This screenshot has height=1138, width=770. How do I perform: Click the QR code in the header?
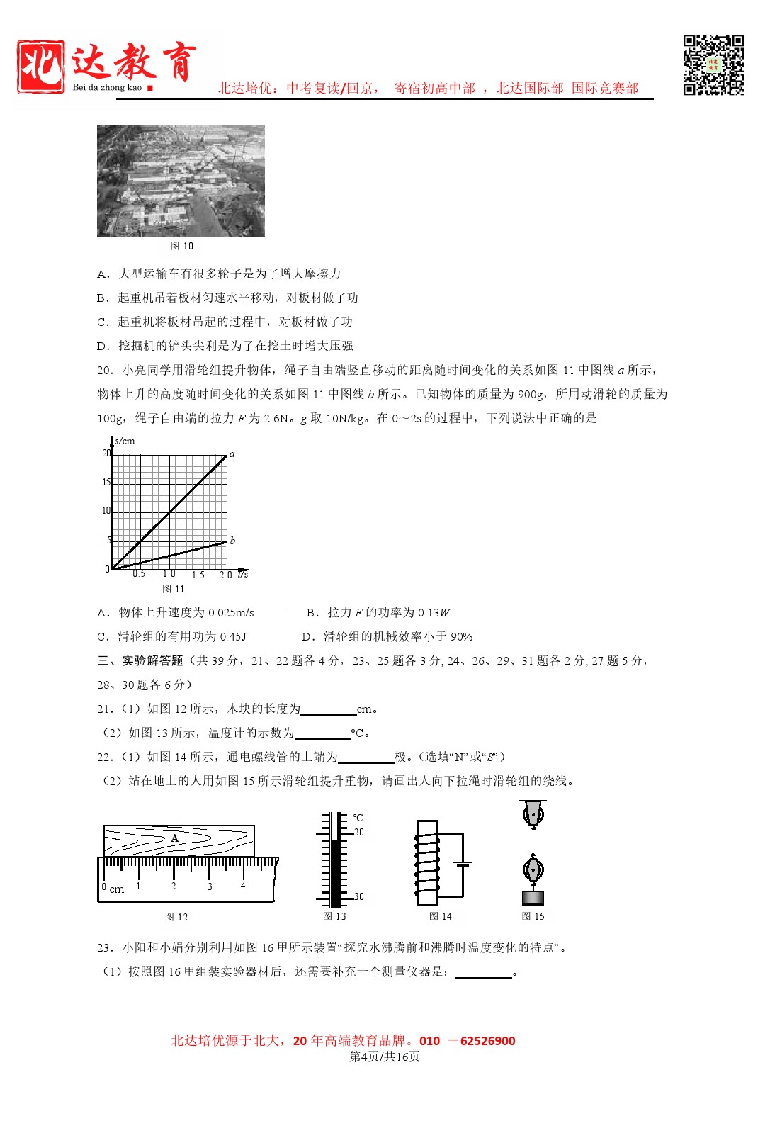pyautogui.click(x=713, y=64)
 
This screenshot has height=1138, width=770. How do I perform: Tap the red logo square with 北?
pyautogui.click(x=41, y=67)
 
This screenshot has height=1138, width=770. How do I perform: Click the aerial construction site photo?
pyautogui.click(x=181, y=181)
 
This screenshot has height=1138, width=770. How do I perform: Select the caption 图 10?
pyautogui.click(x=181, y=246)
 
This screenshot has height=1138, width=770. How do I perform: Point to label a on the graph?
pyautogui.click(x=232, y=453)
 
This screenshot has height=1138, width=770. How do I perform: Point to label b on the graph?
pyautogui.click(x=232, y=540)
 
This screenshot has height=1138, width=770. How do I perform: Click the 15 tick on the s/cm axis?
pyautogui.click(x=106, y=482)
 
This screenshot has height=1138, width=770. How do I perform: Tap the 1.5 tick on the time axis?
pyautogui.click(x=198, y=575)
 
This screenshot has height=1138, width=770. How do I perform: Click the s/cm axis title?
pyautogui.click(x=125, y=441)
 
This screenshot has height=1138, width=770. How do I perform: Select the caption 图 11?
pyautogui.click(x=173, y=589)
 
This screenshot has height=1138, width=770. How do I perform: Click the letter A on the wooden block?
pyautogui.click(x=175, y=838)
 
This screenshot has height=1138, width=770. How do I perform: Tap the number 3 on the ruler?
pyautogui.click(x=210, y=886)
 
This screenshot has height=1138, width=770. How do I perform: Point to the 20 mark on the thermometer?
pyautogui.click(x=359, y=832)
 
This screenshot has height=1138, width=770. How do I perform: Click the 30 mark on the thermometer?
pyautogui.click(x=359, y=896)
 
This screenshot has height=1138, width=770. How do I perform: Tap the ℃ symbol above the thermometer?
pyautogui.click(x=358, y=817)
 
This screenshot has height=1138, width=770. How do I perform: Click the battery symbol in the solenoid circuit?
pyautogui.click(x=463, y=864)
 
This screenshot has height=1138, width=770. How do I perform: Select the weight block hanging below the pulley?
pyautogui.click(x=533, y=898)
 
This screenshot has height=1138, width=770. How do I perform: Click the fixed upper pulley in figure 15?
pyautogui.click(x=533, y=815)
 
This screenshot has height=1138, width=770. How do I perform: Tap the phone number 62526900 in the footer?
pyautogui.click(x=487, y=1040)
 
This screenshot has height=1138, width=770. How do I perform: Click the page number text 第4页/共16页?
pyautogui.click(x=385, y=1057)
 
